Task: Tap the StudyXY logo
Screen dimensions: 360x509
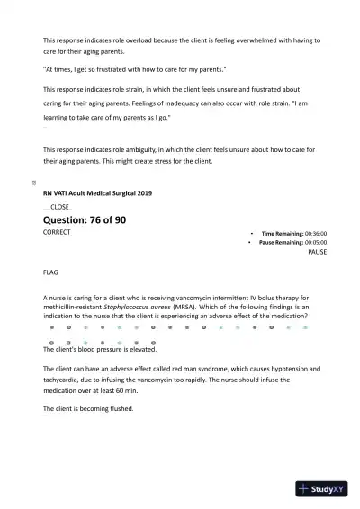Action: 324,489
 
